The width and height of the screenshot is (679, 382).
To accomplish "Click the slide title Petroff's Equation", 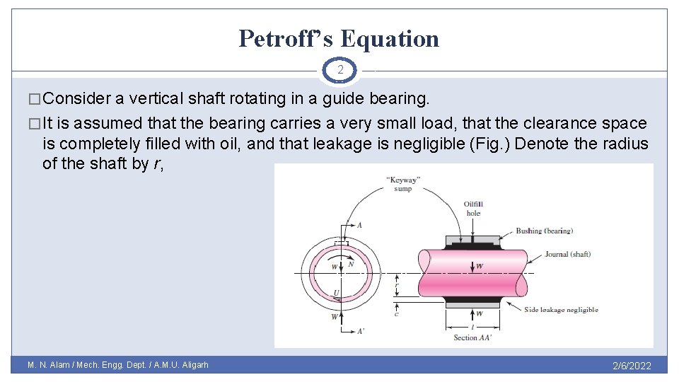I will [339, 38].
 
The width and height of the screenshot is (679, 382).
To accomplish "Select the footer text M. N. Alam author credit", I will [118, 366].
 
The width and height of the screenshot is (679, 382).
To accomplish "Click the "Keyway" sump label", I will [403, 183].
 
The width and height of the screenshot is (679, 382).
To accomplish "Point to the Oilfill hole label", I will [473, 209].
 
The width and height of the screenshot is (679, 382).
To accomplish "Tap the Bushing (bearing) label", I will [544, 231].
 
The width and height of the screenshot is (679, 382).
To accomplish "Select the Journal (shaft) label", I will [567, 254].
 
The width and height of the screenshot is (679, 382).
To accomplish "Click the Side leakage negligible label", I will [561, 309].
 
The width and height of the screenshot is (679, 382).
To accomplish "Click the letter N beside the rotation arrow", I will [351, 265].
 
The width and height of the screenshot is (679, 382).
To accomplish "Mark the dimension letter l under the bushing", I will [472, 328].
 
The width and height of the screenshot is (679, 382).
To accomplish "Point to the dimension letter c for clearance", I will [396, 313].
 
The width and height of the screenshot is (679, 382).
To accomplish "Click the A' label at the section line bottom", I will [361, 330].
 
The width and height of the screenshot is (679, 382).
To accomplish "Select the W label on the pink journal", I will [479, 267].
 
